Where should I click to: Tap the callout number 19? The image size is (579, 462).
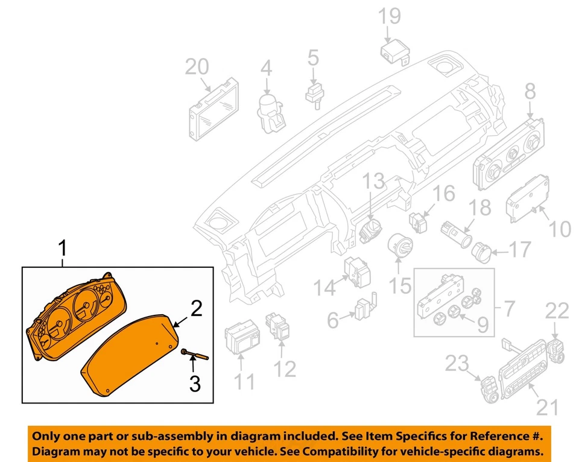390,16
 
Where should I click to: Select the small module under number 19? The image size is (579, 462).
393,51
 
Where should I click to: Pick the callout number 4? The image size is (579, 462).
266,69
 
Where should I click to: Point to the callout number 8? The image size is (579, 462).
529,92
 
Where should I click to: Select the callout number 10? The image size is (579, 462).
558,229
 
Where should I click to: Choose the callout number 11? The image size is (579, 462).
244,381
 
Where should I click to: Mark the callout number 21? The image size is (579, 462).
548,408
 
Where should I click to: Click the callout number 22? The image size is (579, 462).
557,311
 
